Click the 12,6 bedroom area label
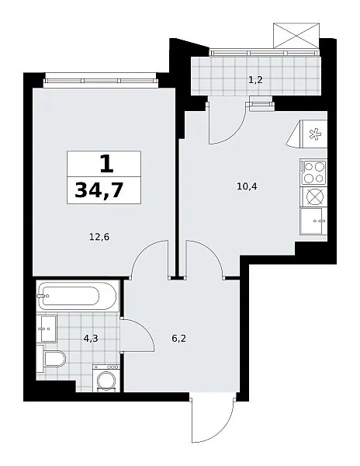pos(99,237)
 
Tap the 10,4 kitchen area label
pos(247,186)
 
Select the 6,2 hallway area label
pos(179,338)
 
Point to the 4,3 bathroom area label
pos(91,338)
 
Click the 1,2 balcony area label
pos(256,80)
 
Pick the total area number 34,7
pos(99,190)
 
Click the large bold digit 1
pos(106,164)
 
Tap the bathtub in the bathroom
pos(78,296)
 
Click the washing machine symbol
pos(106,378)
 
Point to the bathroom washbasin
pos(47,329)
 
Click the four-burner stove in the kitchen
pos(313,172)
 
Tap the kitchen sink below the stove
pos(313,221)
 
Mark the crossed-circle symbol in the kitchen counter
pos(313,197)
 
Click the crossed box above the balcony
pos(296,36)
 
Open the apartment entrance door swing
pos(213,418)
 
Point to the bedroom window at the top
pos(100,81)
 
